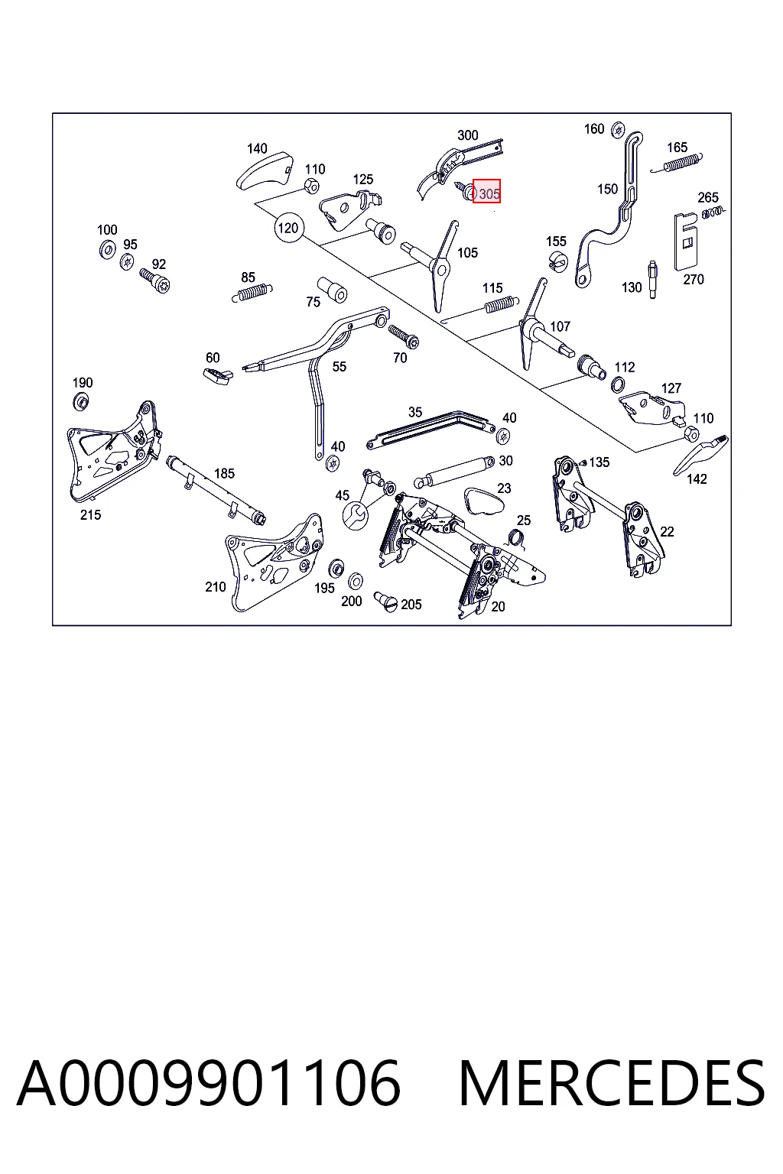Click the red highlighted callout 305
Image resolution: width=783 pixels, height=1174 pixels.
pos(486,191)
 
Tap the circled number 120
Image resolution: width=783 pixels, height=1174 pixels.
pos(288,228)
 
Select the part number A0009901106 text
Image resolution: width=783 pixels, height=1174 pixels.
pos(209,1084)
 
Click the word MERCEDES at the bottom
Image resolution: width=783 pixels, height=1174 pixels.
pos(612,1084)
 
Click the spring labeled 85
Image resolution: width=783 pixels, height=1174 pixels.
pos(252,293)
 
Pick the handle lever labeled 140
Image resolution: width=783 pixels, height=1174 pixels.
pos(264,170)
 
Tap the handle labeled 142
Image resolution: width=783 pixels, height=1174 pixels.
pos(700,455)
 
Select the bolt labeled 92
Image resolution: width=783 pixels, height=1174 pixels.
pos(155,281)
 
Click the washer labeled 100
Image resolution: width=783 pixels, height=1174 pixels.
pos(108,249)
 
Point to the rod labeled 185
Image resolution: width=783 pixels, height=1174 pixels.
pos(216,490)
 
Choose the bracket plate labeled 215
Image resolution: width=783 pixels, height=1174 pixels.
pos(112,452)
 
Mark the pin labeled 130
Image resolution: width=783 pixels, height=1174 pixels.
pos(652,279)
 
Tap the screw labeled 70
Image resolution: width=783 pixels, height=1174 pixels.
pos(403,336)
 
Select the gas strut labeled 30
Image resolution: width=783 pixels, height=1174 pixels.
pos(454,472)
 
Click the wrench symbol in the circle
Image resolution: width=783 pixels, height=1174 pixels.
pos(355,516)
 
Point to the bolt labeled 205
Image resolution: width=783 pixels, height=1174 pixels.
pos(385,602)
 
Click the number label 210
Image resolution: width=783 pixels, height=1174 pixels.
pos(216,586)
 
